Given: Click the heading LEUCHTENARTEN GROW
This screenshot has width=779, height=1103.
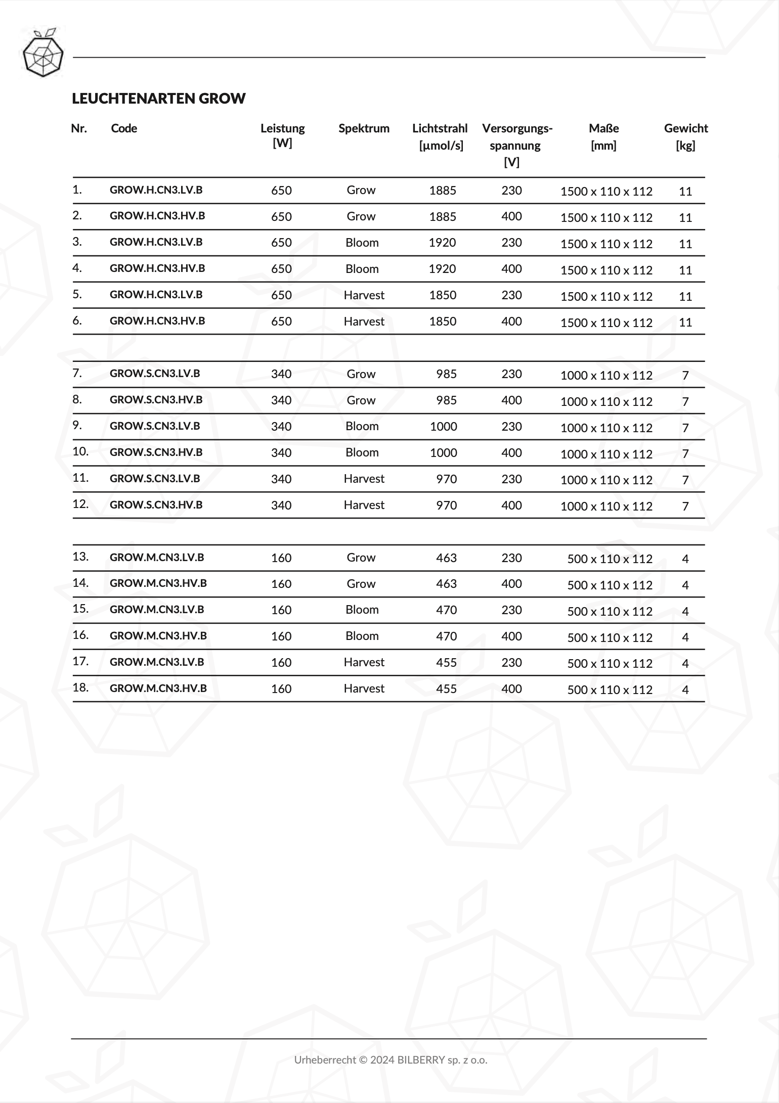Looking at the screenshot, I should (158, 98).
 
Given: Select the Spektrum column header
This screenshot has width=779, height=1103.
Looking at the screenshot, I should (364, 128).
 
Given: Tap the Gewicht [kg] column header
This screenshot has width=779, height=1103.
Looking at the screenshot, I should (685, 136).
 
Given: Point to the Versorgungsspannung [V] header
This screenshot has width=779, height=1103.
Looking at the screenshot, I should (516, 145).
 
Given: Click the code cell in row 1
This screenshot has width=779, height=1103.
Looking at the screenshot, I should (156, 190).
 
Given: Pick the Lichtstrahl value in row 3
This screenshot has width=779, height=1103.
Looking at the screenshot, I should (442, 243).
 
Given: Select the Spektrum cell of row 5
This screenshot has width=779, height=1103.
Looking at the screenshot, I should (364, 295).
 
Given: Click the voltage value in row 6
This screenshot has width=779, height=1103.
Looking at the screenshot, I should (511, 321).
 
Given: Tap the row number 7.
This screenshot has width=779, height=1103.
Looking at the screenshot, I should (77, 374).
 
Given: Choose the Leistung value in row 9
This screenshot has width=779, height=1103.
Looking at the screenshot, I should (281, 427).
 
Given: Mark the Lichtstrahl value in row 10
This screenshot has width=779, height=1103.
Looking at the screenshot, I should (443, 453).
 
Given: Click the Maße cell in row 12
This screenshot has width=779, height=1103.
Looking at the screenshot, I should (606, 507).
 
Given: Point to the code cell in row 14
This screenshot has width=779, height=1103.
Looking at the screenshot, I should (158, 583).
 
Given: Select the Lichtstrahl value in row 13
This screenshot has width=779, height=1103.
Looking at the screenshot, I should (446, 558).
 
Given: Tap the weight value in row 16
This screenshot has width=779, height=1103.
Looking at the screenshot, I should (685, 637).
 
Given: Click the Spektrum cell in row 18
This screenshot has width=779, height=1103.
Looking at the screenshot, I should (364, 688).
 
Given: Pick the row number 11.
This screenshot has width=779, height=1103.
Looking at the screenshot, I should (80, 478).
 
